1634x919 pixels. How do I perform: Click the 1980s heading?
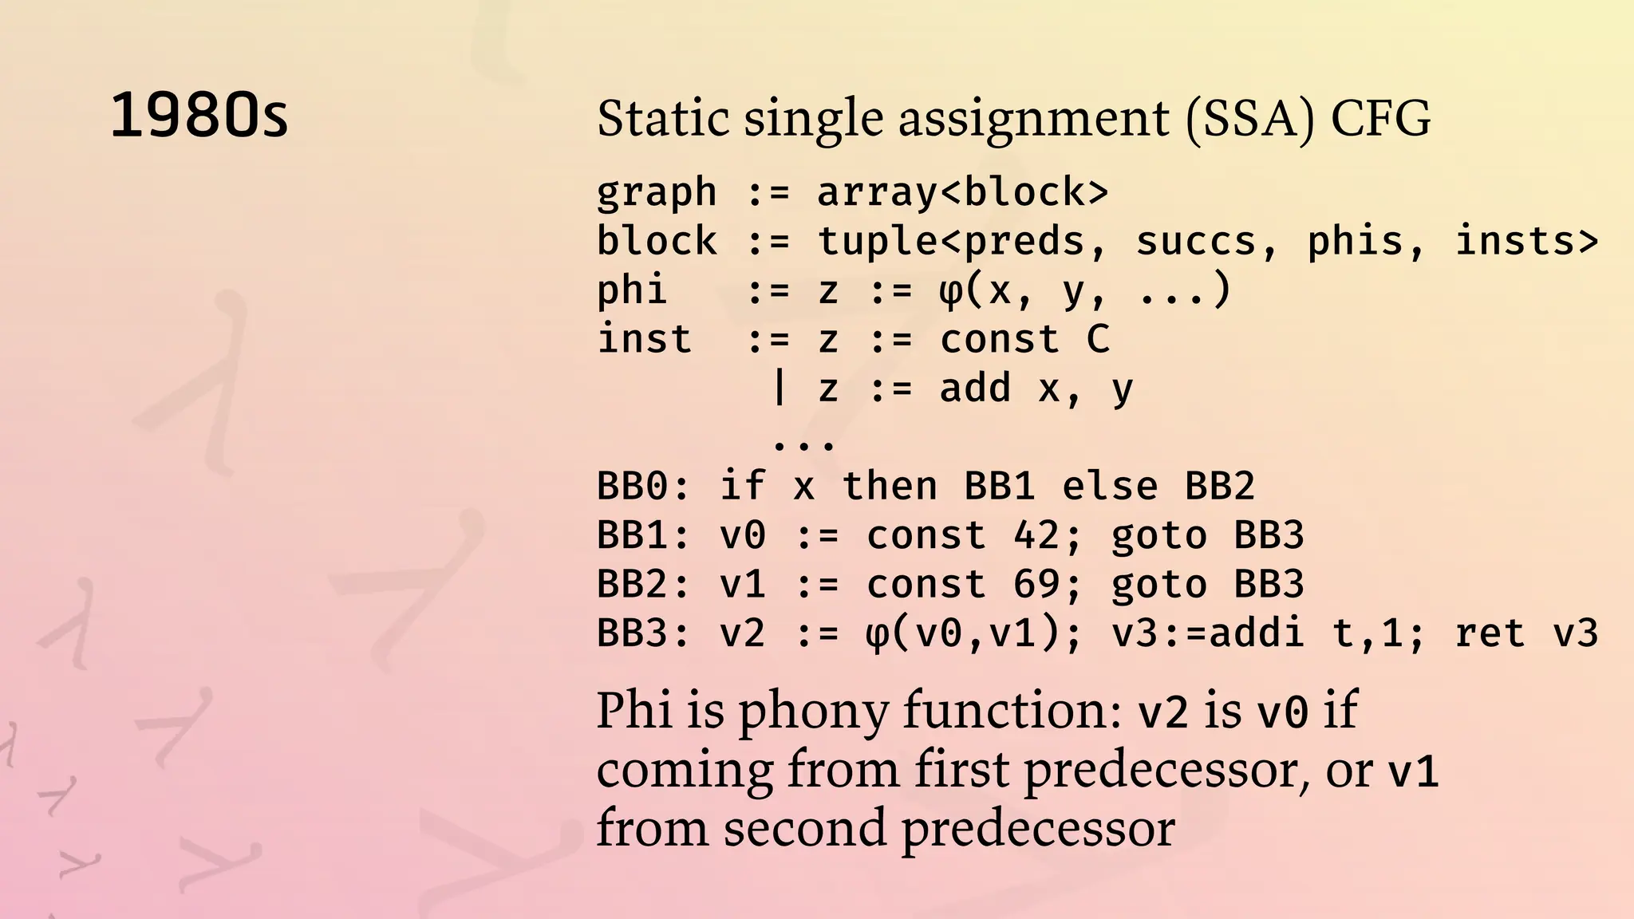(199, 116)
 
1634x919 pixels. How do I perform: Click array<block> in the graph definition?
(962, 192)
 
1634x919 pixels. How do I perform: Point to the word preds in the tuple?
(1024, 241)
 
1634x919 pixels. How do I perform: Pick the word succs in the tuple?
(1196, 241)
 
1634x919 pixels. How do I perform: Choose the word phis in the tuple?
(1356, 241)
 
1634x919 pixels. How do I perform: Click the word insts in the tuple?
(1515, 241)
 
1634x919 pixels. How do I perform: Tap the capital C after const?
(1098, 340)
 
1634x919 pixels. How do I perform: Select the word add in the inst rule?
(976, 389)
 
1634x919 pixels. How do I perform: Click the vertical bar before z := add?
(780, 389)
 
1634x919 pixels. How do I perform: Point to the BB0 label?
(632, 486)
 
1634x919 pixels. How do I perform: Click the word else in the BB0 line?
(1110, 486)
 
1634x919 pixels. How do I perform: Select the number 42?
(1036, 535)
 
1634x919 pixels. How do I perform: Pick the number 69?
(1036, 585)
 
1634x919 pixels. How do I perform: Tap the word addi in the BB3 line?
(1257, 633)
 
